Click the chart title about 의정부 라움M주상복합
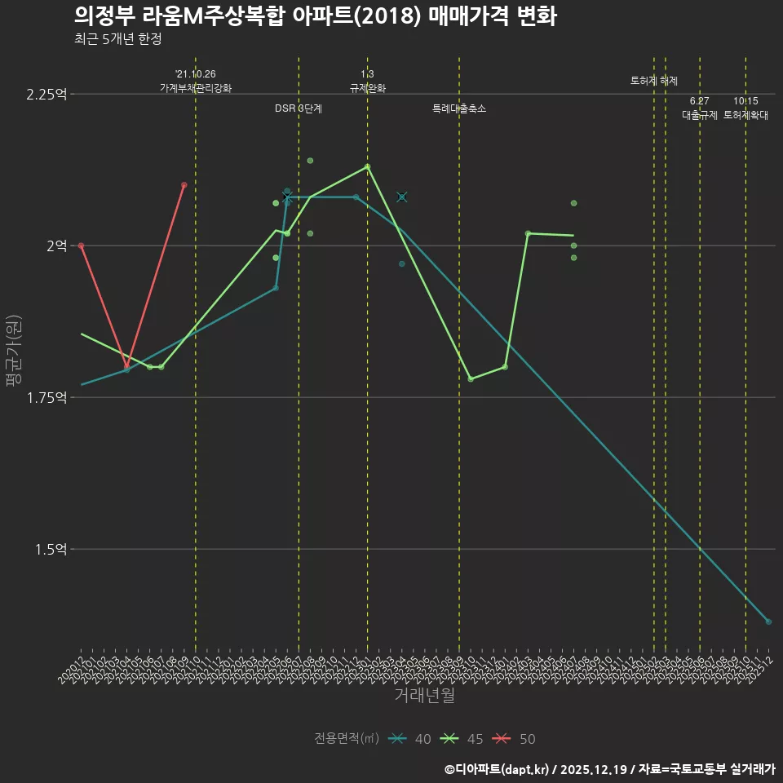pos(315,15)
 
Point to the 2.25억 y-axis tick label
pos(46,94)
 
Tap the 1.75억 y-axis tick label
pos(46,397)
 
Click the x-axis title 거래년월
pos(424,696)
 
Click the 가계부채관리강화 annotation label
pos(196,88)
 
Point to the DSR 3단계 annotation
pos(299,108)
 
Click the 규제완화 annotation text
pos(367,88)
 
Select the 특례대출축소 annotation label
pos(459,108)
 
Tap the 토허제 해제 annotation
pos(654,81)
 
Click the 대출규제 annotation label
pos(700,115)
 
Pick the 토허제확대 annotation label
pos(745,115)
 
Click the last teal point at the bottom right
pos(768,622)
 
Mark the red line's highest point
pos(184,185)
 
